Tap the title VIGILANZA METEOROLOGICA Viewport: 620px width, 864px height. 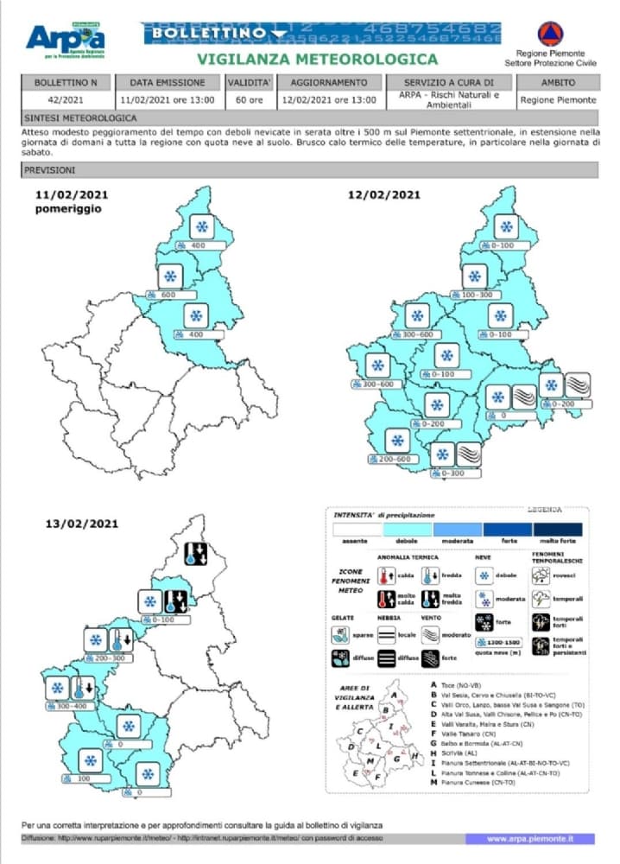pos(317,60)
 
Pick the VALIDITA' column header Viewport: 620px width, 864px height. pos(250,83)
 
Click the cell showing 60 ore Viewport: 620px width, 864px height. pos(249,99)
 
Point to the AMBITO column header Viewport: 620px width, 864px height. pos(558,83)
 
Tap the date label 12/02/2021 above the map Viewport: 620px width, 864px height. pos(383,194)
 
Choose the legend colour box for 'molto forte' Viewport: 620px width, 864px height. pos(557,529)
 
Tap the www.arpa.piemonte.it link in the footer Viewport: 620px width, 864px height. pos(529,838)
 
